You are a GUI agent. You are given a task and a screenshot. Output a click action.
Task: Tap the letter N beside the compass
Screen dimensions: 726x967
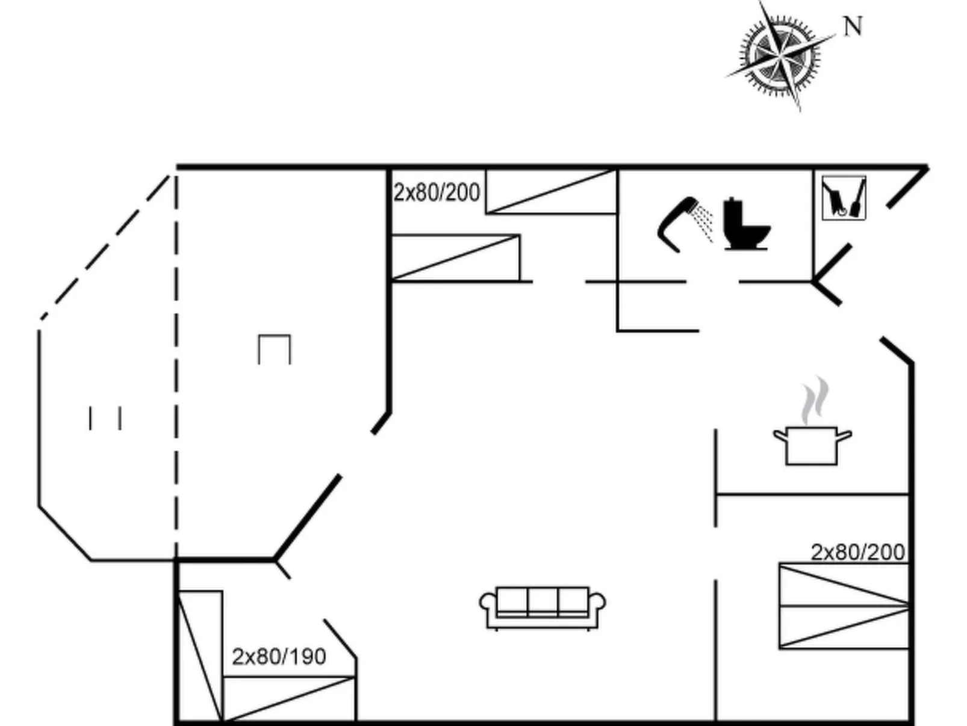coord(853,27)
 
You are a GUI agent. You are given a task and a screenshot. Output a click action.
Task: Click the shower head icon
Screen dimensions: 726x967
coord(680,222)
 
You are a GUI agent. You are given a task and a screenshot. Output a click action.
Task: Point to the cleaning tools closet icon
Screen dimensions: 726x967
coord(844,198)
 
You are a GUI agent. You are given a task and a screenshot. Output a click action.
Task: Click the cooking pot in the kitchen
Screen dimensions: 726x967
coord(812,445)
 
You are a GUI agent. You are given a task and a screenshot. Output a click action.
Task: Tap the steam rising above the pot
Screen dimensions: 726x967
coord(814,400)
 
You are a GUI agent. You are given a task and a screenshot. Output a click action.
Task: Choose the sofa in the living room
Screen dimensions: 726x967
coord(543,607)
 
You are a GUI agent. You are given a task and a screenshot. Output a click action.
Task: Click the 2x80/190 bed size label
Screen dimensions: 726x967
coord(279,656)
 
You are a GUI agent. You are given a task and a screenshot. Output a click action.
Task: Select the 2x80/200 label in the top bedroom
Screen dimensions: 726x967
coord(437,193)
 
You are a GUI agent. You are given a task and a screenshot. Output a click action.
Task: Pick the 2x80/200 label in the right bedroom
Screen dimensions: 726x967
coord(857,552)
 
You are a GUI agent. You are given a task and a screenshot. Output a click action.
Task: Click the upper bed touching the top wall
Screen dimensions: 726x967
coord(551,192)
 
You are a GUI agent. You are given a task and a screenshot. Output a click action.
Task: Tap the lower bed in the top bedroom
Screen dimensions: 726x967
coord(455,258)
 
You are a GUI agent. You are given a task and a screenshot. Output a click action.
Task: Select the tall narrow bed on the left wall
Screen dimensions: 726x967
coord(200,656)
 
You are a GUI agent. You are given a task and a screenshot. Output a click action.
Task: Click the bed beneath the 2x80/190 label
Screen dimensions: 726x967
coord(289,699)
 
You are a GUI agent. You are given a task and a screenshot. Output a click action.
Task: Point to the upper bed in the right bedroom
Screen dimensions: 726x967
coord(843,584)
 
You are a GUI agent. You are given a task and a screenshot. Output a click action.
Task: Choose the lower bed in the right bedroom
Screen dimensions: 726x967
coord(843,628)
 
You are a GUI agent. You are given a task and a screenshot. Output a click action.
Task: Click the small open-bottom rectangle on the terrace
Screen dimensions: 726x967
coord(275,349)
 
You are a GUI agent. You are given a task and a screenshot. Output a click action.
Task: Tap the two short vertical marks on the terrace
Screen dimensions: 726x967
coord(105,418)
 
